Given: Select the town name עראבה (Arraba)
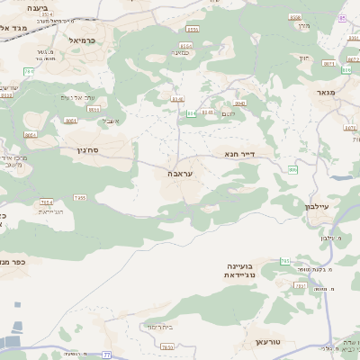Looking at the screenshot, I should click(x=180, y=173).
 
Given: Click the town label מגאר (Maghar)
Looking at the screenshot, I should click(x=326, y=92).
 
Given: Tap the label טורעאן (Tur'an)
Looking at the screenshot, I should click(x=269, y=344).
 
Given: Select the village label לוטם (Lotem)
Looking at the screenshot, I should click(x=229, y=112).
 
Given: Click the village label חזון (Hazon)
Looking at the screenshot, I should click(x=302, y=58).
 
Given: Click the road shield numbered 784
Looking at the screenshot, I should click(x=46, y=202).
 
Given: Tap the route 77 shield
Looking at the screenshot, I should click(x=107, y=355).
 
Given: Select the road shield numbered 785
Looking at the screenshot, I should click(x=285, y=261).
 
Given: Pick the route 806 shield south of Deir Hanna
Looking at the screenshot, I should click(x=293, y=169).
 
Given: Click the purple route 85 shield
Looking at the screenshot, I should click(x=341, y=18).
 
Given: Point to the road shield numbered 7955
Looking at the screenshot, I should click(x=80, y=197).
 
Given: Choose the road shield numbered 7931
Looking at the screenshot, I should click(x=166, y=346).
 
